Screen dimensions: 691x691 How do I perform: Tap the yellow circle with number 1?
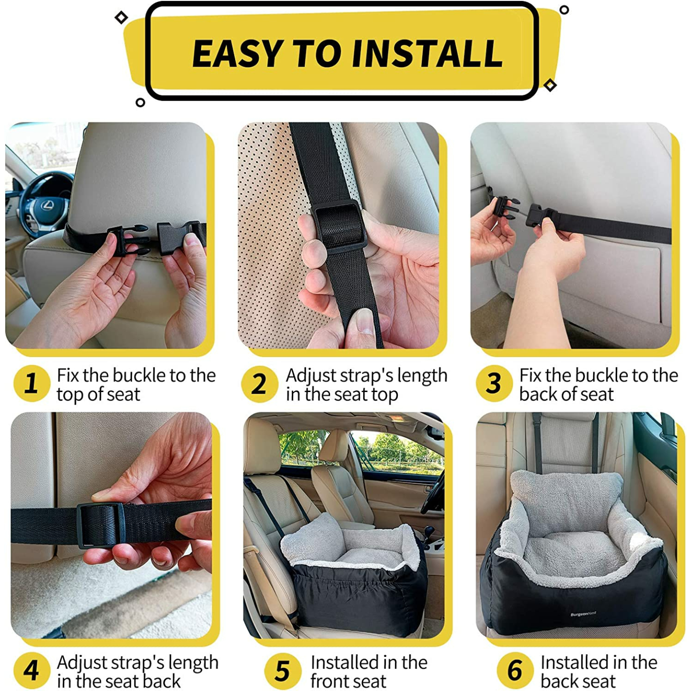(32, 384)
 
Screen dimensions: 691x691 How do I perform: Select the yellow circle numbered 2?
(260, 384)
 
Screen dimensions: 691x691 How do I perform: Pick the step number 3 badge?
(494, 384)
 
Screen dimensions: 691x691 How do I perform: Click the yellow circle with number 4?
(32, 670)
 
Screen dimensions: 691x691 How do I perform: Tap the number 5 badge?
(283, 670)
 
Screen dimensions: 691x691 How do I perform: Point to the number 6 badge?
(514, 670)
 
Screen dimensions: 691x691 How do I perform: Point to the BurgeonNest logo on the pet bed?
(583, 614)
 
